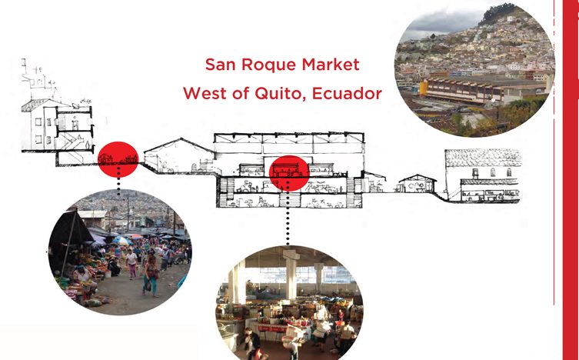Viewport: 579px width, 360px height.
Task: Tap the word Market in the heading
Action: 331,65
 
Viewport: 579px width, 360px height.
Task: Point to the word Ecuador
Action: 347,93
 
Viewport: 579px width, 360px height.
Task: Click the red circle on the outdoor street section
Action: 118,159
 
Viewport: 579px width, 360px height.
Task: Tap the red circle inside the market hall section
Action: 289,173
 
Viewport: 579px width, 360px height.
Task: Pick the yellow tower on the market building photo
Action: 424,88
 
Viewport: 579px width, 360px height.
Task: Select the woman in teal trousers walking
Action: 150,276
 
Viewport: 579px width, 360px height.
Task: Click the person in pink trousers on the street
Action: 131,263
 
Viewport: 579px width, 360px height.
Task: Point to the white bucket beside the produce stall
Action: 108,274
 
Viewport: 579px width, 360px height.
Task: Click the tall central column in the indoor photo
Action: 291,275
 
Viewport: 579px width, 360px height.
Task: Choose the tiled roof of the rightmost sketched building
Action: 483,158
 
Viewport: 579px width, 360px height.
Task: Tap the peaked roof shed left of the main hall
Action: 178,155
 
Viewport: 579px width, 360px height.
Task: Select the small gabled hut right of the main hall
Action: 418,184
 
